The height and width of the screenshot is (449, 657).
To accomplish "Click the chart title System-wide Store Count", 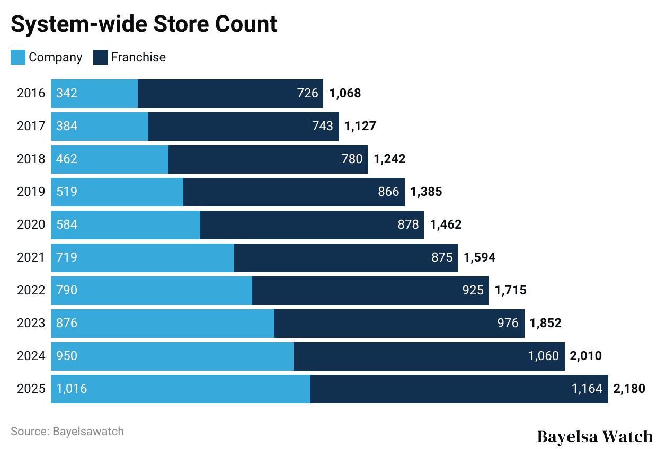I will (x=144, y=24).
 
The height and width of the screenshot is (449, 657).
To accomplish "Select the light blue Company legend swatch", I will (x=17, y=57).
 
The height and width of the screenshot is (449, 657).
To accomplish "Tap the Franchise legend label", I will (x=138, y=57).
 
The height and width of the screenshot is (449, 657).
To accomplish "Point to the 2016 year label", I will (x=31, y=94).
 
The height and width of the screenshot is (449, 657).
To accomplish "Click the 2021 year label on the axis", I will (x=31, y=258).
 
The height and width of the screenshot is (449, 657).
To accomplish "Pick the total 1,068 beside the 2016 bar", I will (x=345, y=94).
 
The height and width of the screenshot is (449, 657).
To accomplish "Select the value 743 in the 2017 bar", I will (x=323, y=127).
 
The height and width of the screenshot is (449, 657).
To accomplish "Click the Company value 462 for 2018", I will (x=67, y=159).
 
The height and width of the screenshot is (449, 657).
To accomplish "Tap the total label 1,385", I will (x=426, y=192).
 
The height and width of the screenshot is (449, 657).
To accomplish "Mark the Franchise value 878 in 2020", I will (x=408, y=225).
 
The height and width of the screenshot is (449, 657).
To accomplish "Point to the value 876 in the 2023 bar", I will (x=67, y=324).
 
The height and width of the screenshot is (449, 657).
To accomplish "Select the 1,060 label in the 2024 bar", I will (x=544, y=356).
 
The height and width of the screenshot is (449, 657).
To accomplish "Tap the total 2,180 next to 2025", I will (x=629, y=389).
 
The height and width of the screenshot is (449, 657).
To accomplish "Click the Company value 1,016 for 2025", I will (x=72, y=389).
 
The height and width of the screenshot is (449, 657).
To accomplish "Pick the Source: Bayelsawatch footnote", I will (x=67, y=432).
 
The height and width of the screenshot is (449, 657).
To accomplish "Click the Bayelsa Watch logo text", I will (x=595, y=436).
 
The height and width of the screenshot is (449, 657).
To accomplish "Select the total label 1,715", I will (x=510, y=291).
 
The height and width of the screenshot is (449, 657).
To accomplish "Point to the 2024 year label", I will (x=31, y=356).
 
